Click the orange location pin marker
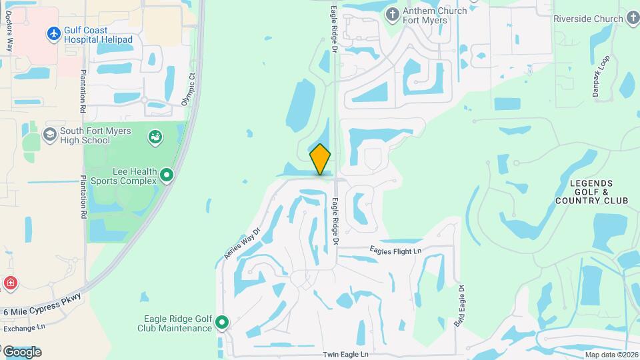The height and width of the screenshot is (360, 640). click(320, 159)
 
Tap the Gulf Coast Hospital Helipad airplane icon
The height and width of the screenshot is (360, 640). click(54, 33)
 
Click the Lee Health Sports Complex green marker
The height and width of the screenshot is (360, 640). click(167, 176)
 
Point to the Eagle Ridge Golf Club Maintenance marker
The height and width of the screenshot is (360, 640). click(221, 323)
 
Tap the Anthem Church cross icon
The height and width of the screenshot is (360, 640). click(393, 13)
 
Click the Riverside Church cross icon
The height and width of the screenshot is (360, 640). click(631, 19)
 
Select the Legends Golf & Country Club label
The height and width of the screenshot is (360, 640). click(591, 191)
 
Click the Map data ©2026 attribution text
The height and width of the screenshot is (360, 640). click(611, 355)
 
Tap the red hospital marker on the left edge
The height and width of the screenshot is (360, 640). click(9, 284)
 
